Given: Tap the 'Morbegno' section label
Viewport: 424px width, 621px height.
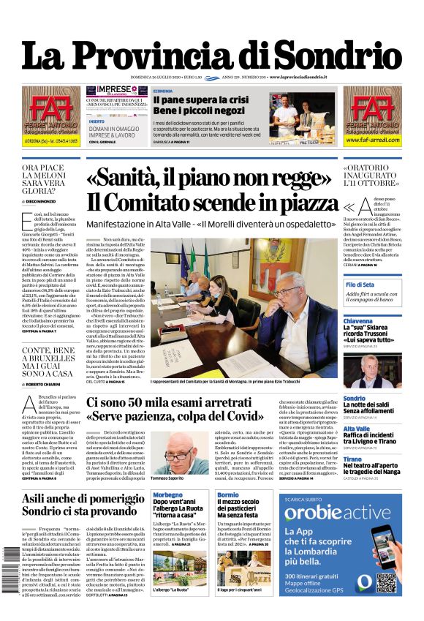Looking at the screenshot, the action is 168,496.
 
